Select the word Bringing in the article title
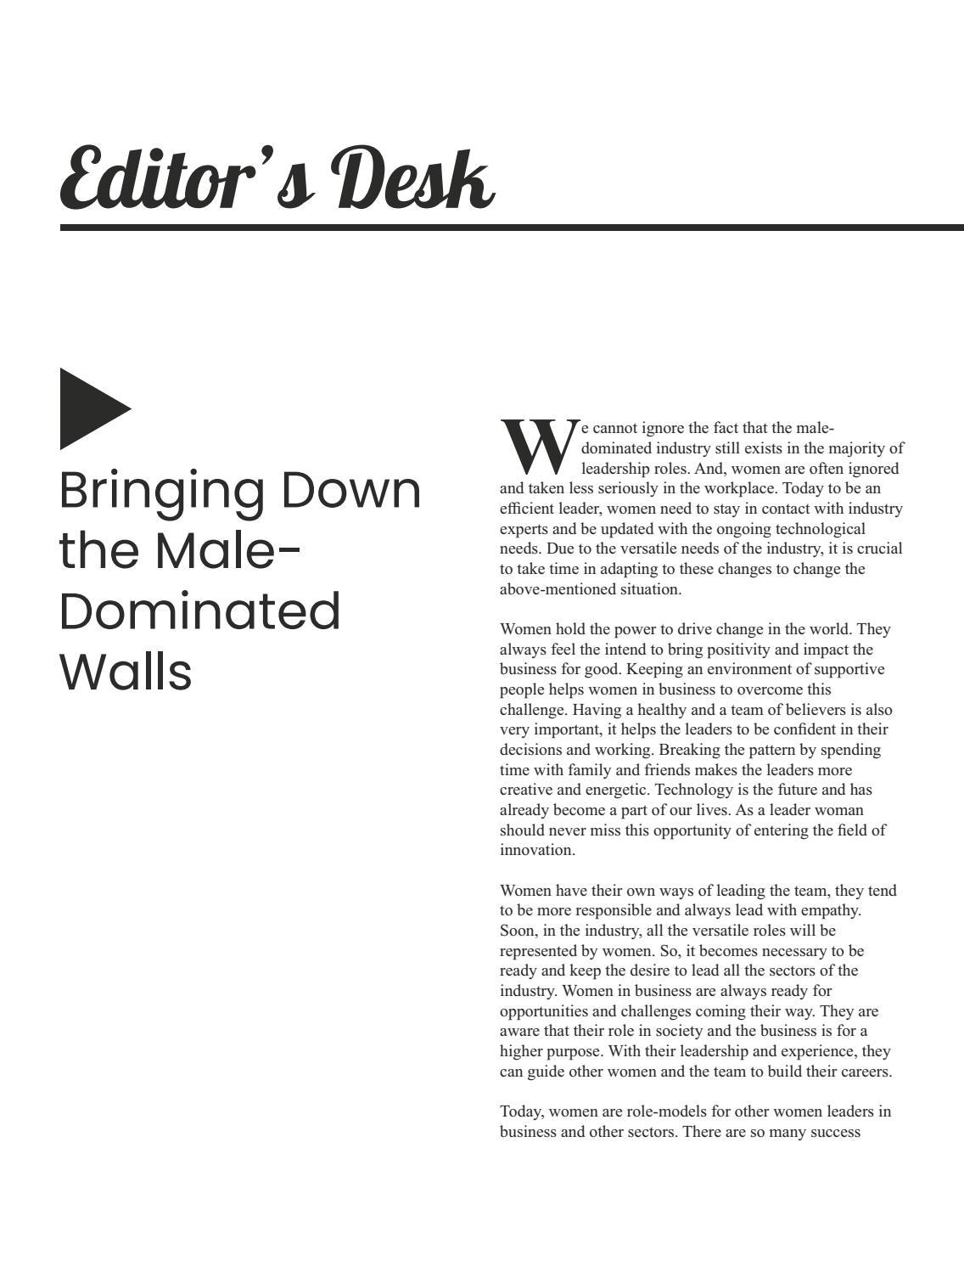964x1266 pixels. (x=161, y=492)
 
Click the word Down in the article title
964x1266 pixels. (x=350, y=490)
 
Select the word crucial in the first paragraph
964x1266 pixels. (x=878, y=549)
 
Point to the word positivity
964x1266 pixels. (x=761, y=650)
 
